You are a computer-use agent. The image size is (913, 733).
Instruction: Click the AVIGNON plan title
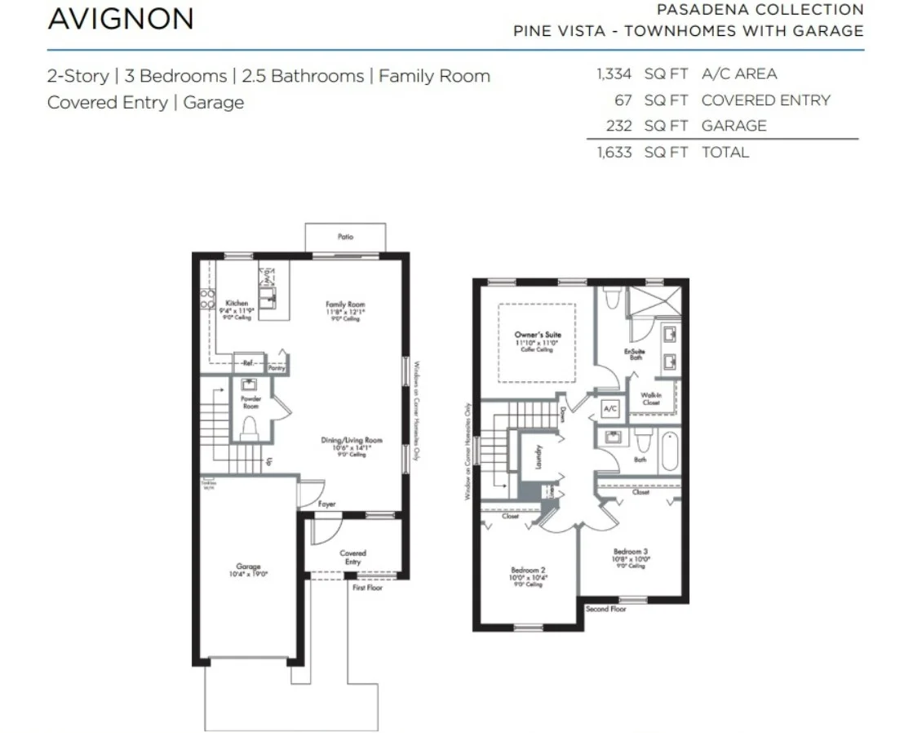[121, 19]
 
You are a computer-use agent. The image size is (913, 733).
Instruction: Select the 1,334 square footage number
[614, 74]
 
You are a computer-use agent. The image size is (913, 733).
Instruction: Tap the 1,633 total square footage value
[614, 152]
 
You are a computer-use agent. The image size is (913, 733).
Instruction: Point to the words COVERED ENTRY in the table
[765, 100]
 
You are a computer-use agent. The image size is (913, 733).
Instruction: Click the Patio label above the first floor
[345, 237]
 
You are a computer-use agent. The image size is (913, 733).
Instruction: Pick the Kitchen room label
[237, 304]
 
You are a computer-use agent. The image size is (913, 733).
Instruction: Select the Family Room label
[346, 304]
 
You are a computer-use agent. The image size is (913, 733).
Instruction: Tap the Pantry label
[277, 368]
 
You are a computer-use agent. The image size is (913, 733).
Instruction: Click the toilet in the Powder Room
[250, 427]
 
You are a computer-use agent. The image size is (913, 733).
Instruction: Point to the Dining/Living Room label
[351, 441]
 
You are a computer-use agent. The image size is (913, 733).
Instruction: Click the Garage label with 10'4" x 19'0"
[248, 566]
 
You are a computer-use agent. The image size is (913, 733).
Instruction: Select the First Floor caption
[367, 588]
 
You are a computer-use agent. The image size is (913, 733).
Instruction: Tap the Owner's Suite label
[538, 335]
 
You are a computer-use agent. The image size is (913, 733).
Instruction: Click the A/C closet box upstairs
[609, 407]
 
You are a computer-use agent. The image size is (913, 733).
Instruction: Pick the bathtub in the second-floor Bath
[670, 451]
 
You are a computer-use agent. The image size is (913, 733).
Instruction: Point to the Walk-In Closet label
[650, 398]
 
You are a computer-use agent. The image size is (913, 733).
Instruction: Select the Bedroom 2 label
[527, 570]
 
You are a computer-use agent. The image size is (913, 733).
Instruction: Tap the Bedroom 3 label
[630, 552]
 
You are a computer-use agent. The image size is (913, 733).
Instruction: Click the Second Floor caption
[606, 608]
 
